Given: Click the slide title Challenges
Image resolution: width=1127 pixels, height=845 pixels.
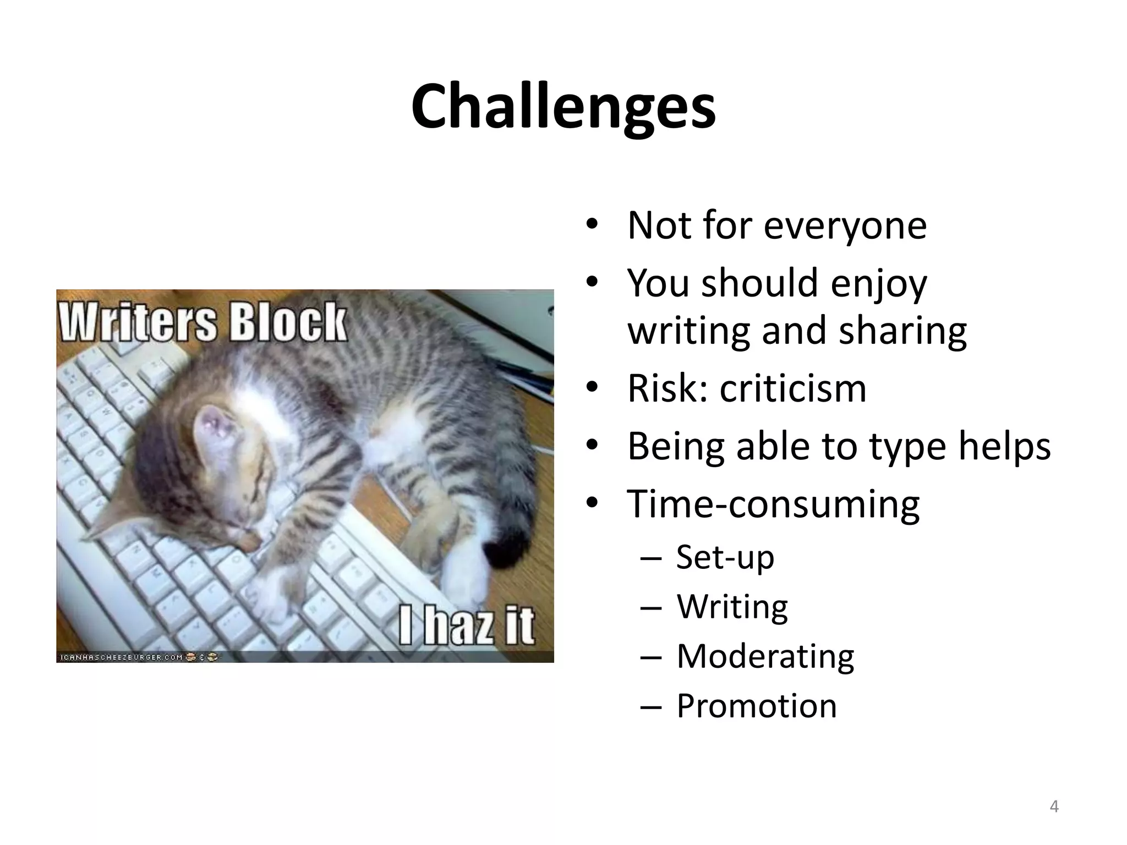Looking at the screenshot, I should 563,107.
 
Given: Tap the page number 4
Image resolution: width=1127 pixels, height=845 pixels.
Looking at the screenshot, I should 1054,806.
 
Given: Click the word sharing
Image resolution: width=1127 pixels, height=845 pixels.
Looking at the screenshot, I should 902,330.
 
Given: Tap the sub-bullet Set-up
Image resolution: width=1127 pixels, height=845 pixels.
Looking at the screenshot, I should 725,557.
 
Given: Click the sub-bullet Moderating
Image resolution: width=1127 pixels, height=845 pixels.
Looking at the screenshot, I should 765,656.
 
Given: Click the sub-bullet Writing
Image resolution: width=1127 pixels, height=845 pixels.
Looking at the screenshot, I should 732,606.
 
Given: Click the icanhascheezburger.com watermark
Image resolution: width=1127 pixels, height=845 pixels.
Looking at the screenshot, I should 120,657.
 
